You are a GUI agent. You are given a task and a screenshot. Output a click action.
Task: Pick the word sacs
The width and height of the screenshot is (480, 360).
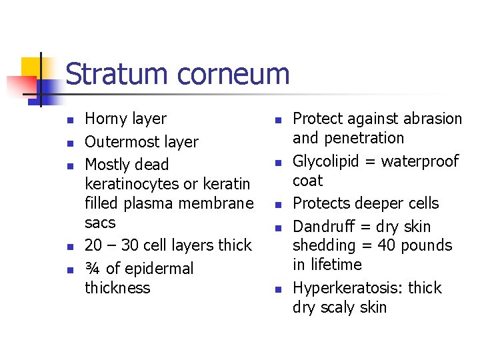(100, 223)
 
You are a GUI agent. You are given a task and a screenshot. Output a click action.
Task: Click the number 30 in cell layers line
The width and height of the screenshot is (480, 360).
(131, 245)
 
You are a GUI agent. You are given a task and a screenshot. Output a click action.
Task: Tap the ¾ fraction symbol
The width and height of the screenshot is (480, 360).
(93, 269)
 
